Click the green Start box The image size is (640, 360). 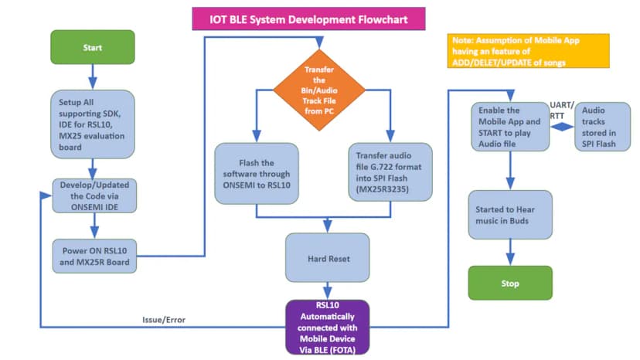(93, 47)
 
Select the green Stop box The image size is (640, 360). (510, 283)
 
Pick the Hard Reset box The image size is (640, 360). (328, 258)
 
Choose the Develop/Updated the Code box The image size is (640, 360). (93, 195)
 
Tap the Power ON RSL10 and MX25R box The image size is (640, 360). (93, 254)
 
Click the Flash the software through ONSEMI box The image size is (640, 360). (256, 173)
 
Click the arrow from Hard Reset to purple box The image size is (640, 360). (329, 291)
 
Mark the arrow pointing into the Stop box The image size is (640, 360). (510, 252)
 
